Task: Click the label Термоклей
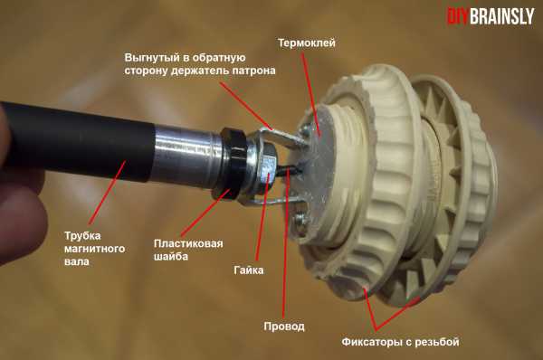click(307, 43)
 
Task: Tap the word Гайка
click(249, 270)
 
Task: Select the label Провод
click(284, 327)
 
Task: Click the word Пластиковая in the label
click(188, 243)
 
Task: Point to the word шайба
click(171, 257)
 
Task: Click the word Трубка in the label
click(82, 236)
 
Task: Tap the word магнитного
click(94, 249)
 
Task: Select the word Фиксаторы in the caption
click(370, 342)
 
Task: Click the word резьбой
click(437, 342)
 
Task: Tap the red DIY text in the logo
click(457, 16)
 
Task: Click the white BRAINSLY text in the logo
click(501, 16)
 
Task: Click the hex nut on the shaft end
click(264, 169)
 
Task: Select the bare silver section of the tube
click(187, 155)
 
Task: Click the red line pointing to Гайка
click(262, 215)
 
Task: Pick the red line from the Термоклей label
click(311, 93)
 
